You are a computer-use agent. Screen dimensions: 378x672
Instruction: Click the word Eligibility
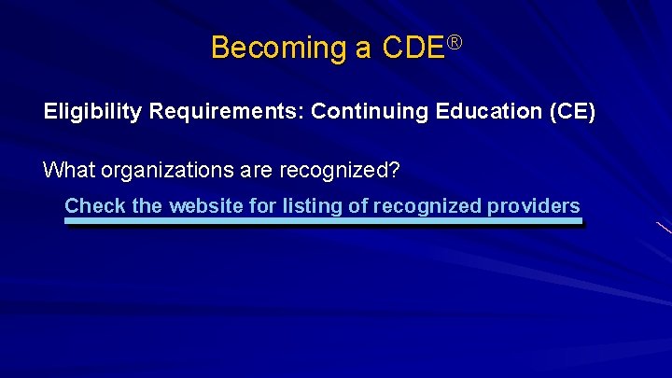(x=92, y=112)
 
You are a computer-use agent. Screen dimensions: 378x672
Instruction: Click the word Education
(x=477, y=112)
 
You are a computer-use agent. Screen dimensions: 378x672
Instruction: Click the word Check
(x=94, y=206)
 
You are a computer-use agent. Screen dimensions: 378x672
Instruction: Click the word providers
(x=534, y=206)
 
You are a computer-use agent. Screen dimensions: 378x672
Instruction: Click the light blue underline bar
(x=322, y=222)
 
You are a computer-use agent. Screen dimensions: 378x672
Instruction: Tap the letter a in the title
(x=362, y=49)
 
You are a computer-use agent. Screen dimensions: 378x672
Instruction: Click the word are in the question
(x=244, y=171)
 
